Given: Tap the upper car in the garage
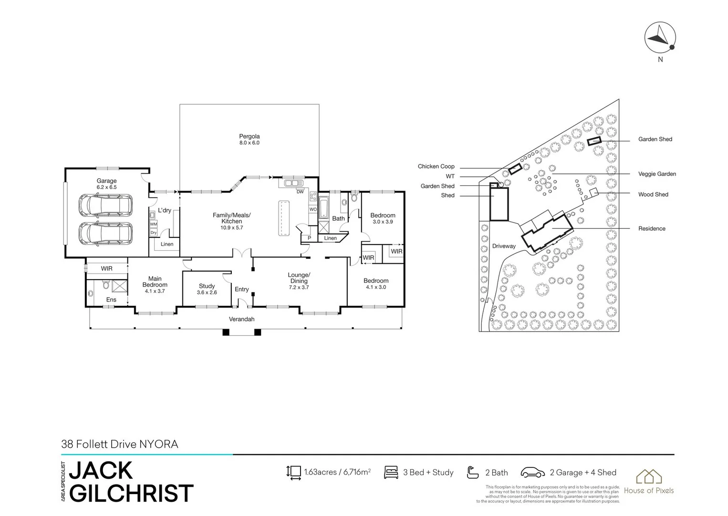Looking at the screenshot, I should (106, 205).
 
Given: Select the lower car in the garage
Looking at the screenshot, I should (106, 234).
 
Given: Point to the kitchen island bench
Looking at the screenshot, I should (285, 218).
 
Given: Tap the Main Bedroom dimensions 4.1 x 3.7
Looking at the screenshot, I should (155, 291).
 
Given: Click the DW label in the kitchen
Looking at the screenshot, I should (300, 192).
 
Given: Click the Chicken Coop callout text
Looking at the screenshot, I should (436, 167).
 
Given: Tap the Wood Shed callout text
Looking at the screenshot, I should (653, 194).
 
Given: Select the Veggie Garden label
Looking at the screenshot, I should (657, 174).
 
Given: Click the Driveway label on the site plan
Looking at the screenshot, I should (504, 246).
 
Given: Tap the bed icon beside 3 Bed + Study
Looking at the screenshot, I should (391, 473).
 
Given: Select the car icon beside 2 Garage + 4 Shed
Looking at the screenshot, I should (533, 473).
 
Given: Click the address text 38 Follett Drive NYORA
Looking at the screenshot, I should (120, 444).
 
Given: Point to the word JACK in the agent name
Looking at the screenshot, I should (101, 471).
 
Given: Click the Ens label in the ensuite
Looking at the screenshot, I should (111, 300).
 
